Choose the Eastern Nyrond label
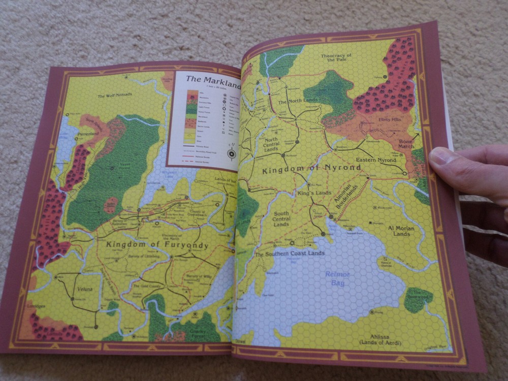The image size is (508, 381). pos(376,160)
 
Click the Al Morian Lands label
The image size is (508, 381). pos(401,231)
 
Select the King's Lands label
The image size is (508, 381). pos(314,193)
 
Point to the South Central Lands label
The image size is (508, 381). pos(281,219)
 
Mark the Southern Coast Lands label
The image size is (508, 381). pos(289,253)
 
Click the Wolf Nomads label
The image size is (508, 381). pos(115,94)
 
